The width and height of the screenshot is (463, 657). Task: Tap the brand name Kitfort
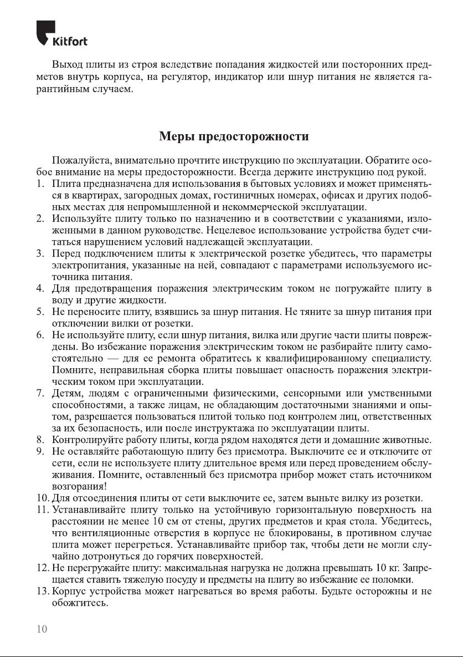[x=69, y=42]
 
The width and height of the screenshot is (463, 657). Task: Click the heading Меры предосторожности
[x=234, y=136]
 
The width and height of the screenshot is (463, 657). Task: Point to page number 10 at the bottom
[x=42, y=628]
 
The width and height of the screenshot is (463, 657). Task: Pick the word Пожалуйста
[x=78, y=160]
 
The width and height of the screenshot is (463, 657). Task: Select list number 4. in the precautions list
[x=40, y=289]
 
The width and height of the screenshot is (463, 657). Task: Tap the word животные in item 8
[x=409, y=440]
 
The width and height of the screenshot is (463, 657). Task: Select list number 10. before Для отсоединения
[x=42, y=498]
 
